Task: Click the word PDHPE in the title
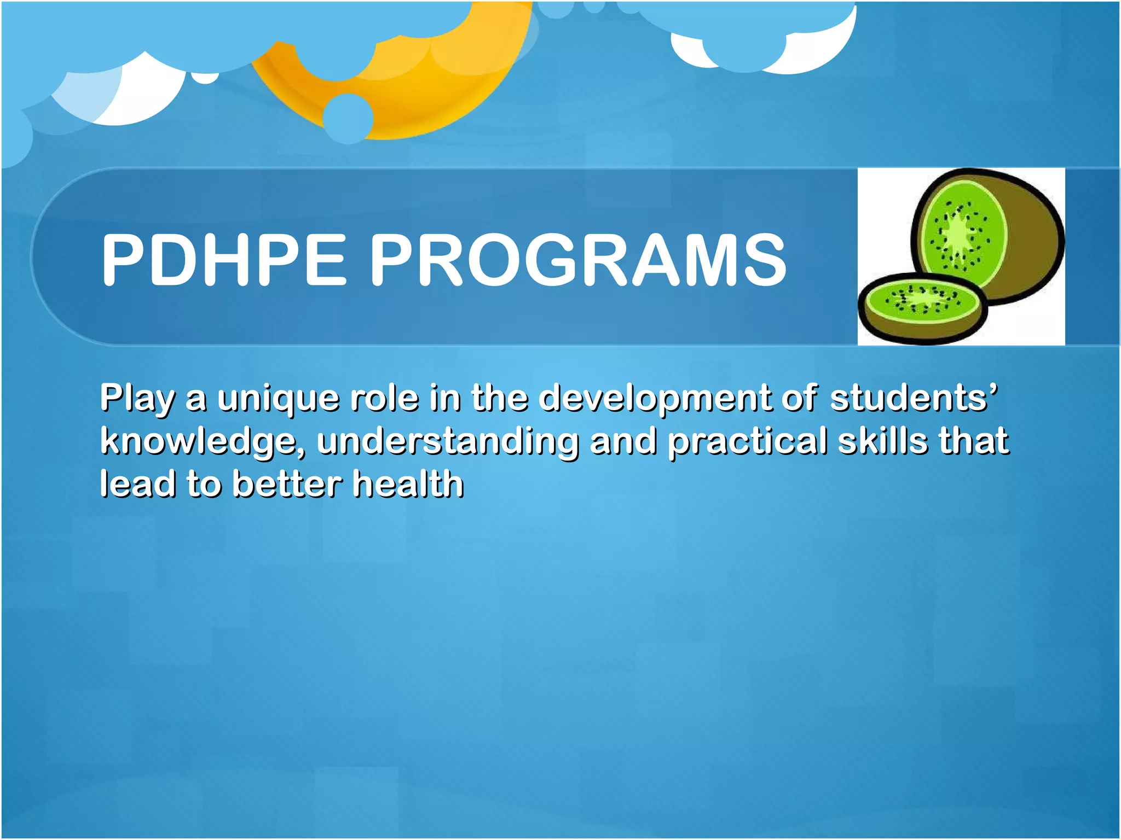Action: [224, 259]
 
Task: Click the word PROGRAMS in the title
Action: [578, 259]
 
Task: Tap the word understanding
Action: [447, 442]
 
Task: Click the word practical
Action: [747, 442]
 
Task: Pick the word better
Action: [287, 485]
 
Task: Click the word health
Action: [408, 485]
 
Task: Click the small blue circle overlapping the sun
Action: [348, 118]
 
